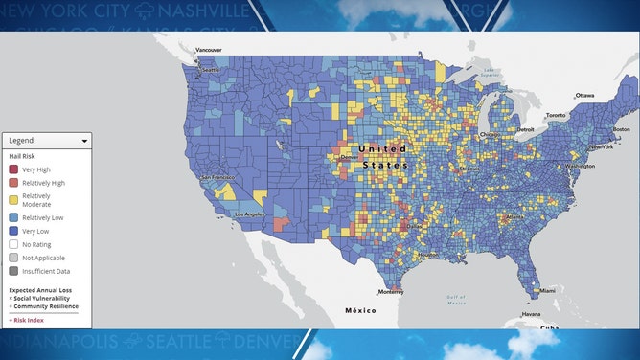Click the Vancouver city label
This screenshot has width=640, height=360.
(x=209, y=50)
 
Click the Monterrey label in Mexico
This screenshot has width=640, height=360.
(x=390, y=291)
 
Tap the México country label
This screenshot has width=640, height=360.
(x=360, y=311)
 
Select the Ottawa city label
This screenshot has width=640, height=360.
(x=585, y=96)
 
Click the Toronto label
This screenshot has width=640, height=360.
(x=557, y=115)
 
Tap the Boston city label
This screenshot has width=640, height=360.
(x=620, y=129)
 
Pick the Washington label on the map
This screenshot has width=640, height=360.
(x=581, y=166)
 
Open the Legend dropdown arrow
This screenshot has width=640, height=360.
(x=85, y=141)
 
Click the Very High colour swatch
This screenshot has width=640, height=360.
(x=13, y=169)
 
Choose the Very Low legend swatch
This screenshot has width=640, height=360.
(x=13, y=230)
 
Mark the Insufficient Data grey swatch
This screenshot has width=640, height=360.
(x=13, y=271)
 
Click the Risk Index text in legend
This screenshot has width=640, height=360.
(x=30, y=319)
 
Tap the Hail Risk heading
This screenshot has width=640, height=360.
(x=21, y=155)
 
